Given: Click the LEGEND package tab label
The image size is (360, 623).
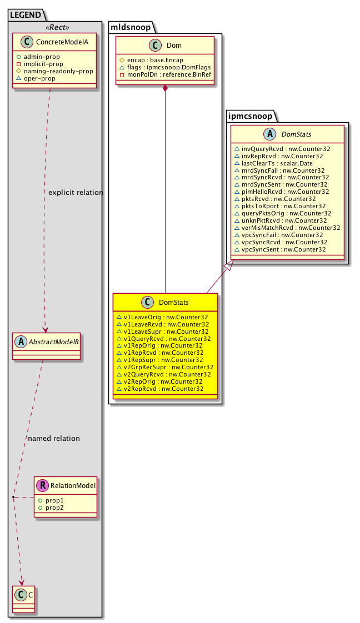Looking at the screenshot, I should [27, 13].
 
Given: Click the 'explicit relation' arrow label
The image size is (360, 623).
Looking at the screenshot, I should [76, 193].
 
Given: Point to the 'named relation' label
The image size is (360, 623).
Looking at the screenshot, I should [53, 438].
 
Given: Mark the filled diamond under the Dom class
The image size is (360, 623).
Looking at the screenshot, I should [165, 89].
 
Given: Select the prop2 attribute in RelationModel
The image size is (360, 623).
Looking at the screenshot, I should [54, 508].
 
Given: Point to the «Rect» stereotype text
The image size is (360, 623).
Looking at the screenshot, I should [54, 26].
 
